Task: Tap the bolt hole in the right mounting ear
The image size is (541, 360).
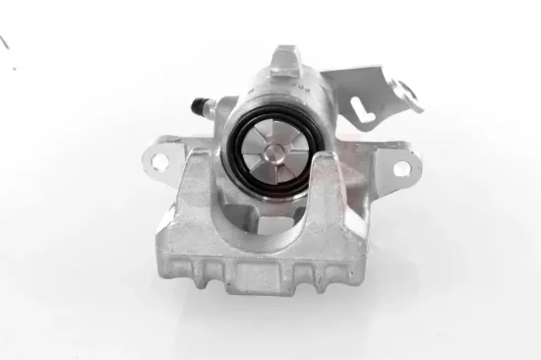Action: point(401,168)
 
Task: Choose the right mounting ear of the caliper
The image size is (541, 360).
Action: point(397,168)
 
